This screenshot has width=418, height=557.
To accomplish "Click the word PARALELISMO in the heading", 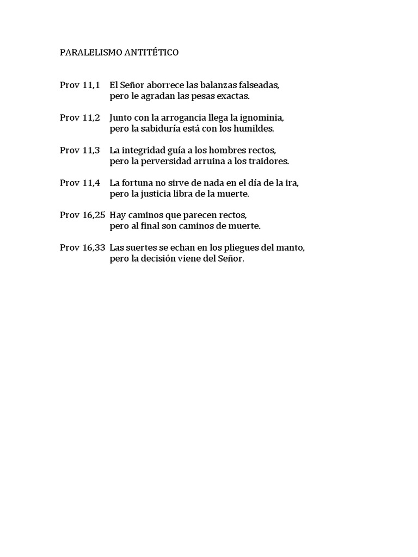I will [85, 53].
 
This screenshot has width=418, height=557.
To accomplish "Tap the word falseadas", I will [259, 85].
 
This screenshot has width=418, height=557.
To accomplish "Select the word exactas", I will [233, 96].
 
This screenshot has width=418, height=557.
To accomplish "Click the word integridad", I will [147, 151].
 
